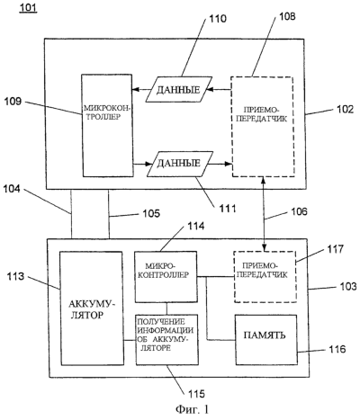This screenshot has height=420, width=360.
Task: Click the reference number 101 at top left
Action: point(28,7)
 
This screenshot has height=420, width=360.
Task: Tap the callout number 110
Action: point(218,19)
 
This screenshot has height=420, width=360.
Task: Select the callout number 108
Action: point(287,16)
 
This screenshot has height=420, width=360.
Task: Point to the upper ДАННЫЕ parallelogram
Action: point(179,90)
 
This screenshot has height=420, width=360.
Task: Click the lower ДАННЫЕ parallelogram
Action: point(180,164)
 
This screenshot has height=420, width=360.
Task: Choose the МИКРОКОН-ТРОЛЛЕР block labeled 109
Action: point(107,125)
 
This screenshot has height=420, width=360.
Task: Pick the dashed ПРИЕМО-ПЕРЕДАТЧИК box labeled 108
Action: point(262,127)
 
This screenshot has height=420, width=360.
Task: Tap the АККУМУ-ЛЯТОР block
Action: point(92,308)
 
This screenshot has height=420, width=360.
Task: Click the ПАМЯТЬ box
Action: point(266,340)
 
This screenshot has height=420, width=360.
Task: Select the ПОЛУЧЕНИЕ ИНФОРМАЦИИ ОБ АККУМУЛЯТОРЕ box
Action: point(166,339)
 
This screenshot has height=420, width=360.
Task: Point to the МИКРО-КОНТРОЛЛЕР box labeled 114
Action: point(166,277)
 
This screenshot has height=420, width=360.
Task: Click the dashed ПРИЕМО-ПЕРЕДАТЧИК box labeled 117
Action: point(265,276)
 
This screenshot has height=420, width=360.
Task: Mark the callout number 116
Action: point(337,349)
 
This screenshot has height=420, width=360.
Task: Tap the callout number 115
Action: point(196,393)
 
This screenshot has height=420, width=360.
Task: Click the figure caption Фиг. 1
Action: point(192,409)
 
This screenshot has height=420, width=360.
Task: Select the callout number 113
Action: point(16,276)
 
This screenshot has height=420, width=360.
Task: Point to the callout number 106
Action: point(299,211)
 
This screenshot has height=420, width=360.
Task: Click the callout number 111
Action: point(227,209)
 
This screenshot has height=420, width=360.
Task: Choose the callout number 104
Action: point(12,189)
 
